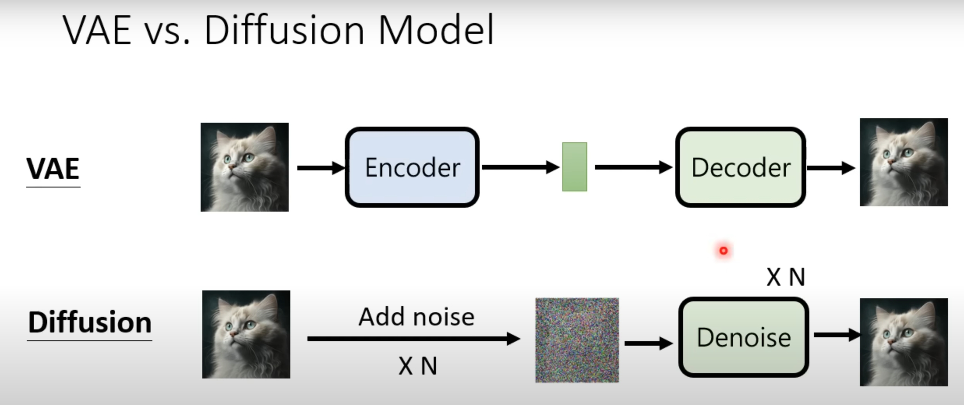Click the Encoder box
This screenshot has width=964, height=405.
click(x=412, y=167)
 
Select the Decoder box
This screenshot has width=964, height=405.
click(x=741, y=167)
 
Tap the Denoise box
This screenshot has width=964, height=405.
click(x=743, y=337)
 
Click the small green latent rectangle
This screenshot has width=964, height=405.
click(x=574, y=167)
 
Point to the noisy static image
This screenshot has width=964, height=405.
click(x=577, y=340)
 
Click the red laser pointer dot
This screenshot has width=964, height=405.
click(x=724, y=251)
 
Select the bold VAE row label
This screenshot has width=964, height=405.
click(x=53, y=169)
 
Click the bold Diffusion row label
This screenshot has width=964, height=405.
click(x=90, y=323)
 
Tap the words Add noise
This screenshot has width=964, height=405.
click(x=417, y=317)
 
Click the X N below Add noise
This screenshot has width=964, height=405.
click(x=418, y=366)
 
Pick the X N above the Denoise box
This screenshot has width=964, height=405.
click(x=786, y=277)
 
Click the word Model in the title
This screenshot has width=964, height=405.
click(x=436, y=30)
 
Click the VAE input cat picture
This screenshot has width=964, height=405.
click(x=245, y=167)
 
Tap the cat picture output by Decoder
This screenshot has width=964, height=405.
click(x=904, y=162)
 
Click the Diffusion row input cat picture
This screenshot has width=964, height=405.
click(x=246, y=334)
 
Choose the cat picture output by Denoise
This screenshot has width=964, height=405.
click(x=904, y=342)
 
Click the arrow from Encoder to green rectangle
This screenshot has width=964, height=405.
click(x=520, y=167)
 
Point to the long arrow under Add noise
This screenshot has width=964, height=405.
click(x=413, y=339)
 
